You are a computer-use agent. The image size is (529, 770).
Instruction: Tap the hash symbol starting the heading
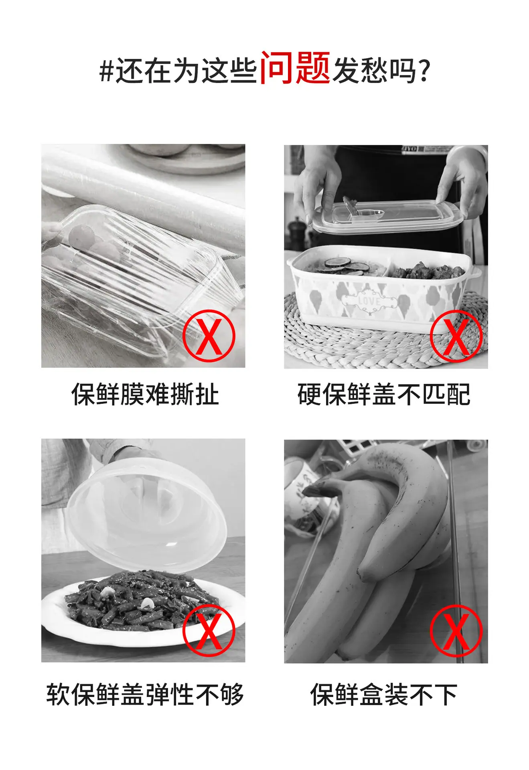107,71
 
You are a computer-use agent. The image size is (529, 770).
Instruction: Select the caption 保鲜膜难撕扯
145,394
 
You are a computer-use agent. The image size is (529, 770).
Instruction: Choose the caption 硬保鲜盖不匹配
384,394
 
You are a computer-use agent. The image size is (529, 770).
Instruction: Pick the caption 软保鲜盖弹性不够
145,694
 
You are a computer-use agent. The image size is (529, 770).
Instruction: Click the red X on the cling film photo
209,336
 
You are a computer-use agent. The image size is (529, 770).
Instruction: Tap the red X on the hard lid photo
456,336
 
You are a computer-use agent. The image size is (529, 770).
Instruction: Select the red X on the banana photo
456,630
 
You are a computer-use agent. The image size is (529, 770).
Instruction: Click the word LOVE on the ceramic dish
369,301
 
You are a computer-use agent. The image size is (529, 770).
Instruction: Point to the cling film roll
143,188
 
